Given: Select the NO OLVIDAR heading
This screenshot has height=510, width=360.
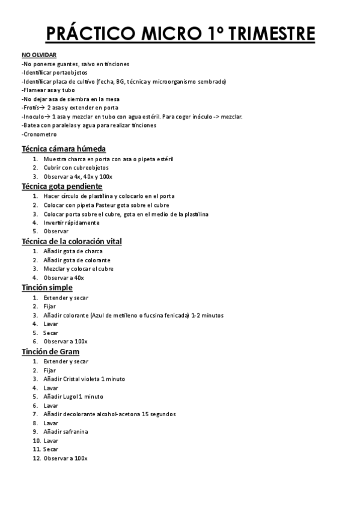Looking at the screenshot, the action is pyautogui.click(x=35, y=55).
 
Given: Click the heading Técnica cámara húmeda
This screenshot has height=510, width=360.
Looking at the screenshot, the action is pyautogui.click(x=64, y=149).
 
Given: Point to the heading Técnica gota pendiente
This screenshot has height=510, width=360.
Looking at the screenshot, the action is pyautogui.click(x=61, y=186).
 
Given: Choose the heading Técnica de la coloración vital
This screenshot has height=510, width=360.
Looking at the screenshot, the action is pyautogui.click(x=72, y=241).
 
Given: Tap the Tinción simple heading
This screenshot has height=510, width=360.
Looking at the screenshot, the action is pyautogui.click(x=47, y=287).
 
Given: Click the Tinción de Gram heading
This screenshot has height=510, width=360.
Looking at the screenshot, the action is pyautogui.click(x=50, y=351).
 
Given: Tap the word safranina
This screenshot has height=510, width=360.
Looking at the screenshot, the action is pyautogui.click(x=75, y=431).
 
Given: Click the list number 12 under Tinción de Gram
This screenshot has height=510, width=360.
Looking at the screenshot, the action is pyautogui.click(x=36, y=458).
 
